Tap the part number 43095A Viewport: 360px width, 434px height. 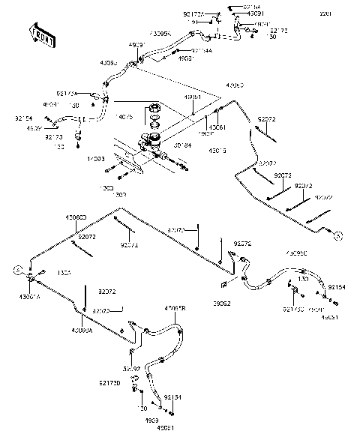(160, 34)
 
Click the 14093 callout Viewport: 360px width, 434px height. (95, 159)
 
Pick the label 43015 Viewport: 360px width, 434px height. (217, 151)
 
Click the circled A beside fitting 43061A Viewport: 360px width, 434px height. (16, 269)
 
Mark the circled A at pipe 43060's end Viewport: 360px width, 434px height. (338, 235)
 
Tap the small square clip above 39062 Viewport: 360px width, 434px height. (223, 286)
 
